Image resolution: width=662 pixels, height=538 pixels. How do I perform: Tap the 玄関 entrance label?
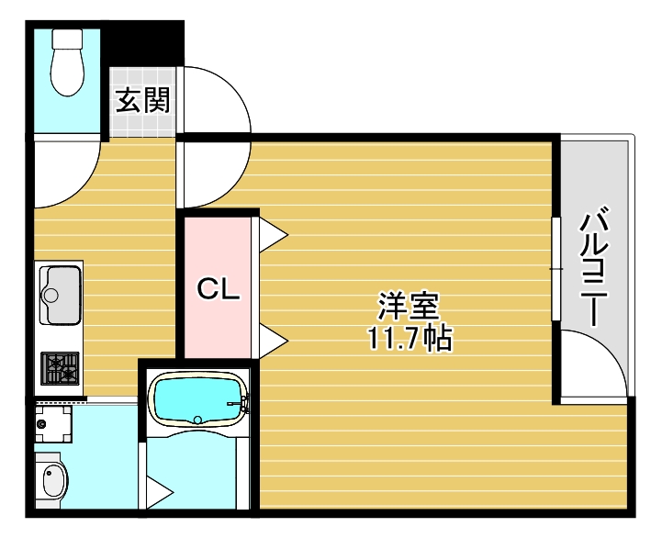pos(142,100)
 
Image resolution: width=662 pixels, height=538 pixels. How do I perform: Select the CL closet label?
pos(219,290)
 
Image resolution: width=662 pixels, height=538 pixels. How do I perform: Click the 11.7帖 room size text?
pos(410,339)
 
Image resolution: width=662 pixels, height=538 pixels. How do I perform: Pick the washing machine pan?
pos(52,424)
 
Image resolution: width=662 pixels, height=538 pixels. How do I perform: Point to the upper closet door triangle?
pos(274,235)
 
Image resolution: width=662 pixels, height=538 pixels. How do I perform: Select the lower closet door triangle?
pos(274,342)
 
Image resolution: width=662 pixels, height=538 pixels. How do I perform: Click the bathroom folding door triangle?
pos(159,492)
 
